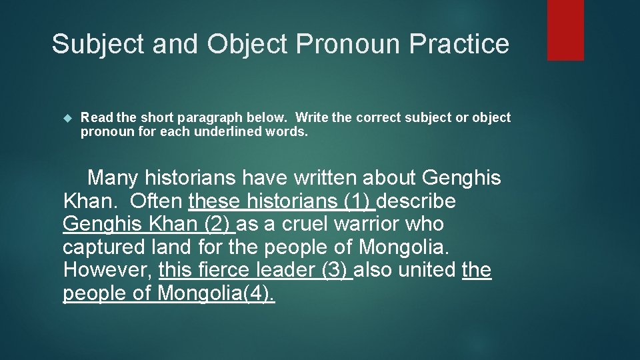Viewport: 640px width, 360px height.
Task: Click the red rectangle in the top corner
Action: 565,30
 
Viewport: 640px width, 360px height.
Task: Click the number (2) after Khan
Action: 217,224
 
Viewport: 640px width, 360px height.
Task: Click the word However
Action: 107,270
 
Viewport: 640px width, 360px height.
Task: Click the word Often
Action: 157,201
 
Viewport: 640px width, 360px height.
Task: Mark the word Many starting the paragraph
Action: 113,177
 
